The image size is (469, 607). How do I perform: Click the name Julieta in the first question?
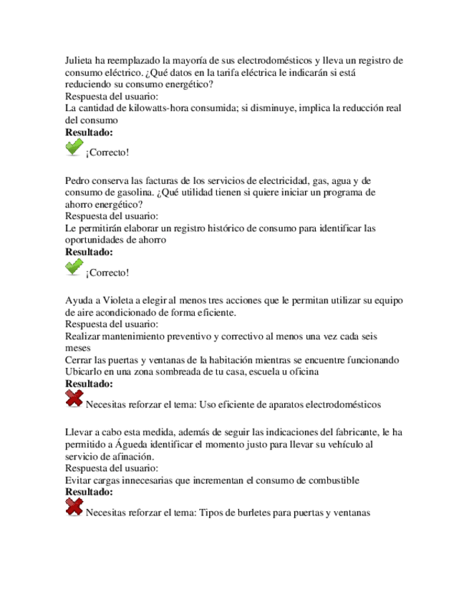click(x=80, y=61)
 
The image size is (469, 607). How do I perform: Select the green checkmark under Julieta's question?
click(x=74, y=148)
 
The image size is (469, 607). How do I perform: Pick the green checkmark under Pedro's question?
click(x=74, y=268)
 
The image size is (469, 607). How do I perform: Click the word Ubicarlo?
click(x=84, y=371)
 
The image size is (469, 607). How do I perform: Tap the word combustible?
click(x=331, y=480)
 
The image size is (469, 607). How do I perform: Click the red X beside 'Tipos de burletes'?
click(x=74, y=508)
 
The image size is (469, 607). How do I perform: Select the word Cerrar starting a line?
click(x=80, y=359)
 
